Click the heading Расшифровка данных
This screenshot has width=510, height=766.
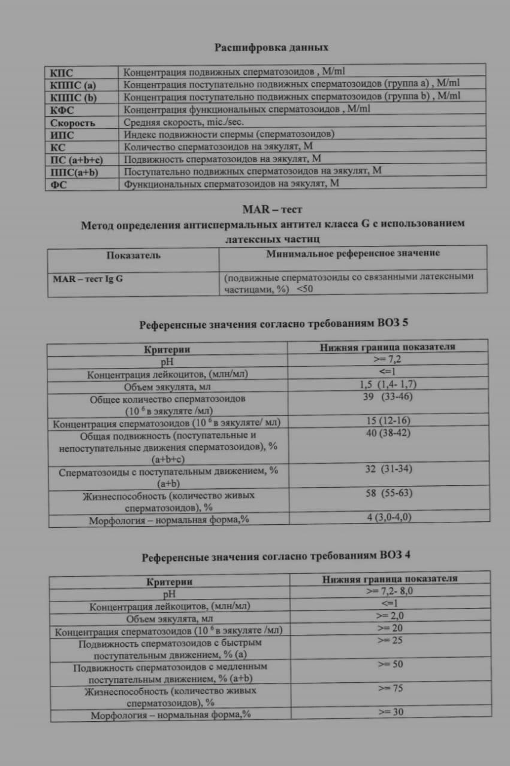coord(271,47)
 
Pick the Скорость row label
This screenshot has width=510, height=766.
coord(72,122)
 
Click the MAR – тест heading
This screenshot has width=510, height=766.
coord(272,209)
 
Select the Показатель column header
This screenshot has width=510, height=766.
coord(133,255)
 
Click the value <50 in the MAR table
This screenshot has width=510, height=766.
coord(304,288)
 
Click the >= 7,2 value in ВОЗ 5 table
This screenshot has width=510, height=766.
coord(387,361)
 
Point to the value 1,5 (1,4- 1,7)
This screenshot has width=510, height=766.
coord(388,385)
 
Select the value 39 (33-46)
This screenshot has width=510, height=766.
coord(387,397)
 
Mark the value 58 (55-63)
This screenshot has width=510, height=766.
coord(388,493)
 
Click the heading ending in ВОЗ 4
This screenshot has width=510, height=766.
coord(276,556)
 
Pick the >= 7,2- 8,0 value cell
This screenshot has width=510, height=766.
coord(389,591)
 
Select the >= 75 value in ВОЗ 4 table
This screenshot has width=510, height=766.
coord(390,688)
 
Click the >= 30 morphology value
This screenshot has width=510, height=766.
coord(390,712)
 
